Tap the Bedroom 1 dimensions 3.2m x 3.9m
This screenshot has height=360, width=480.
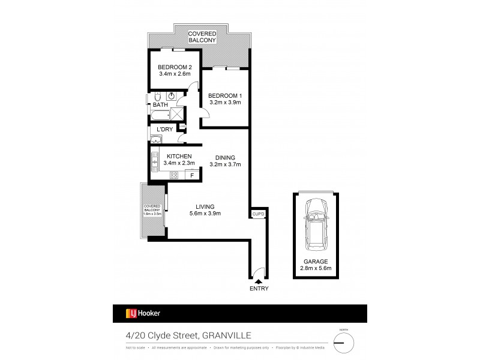coord(224,103)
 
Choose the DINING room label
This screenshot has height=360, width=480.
coord(224,157)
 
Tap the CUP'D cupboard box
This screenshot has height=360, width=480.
coord(258,214)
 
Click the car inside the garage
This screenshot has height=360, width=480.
coord(316,225)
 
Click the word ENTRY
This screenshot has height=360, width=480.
coord(259,289)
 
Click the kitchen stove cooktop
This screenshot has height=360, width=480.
coord(175,175)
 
